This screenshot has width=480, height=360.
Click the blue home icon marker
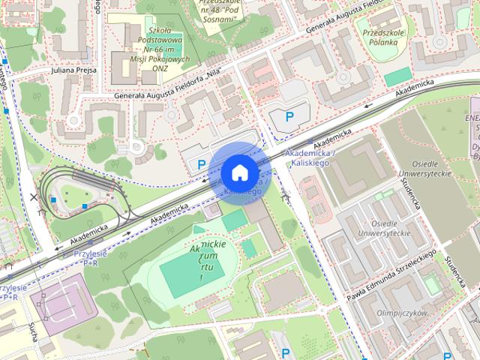238,172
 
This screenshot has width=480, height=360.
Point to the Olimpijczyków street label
401,312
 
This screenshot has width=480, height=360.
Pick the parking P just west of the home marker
200,164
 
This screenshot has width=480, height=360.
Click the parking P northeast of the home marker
289,117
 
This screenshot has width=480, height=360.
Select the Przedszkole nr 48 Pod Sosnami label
217,9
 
